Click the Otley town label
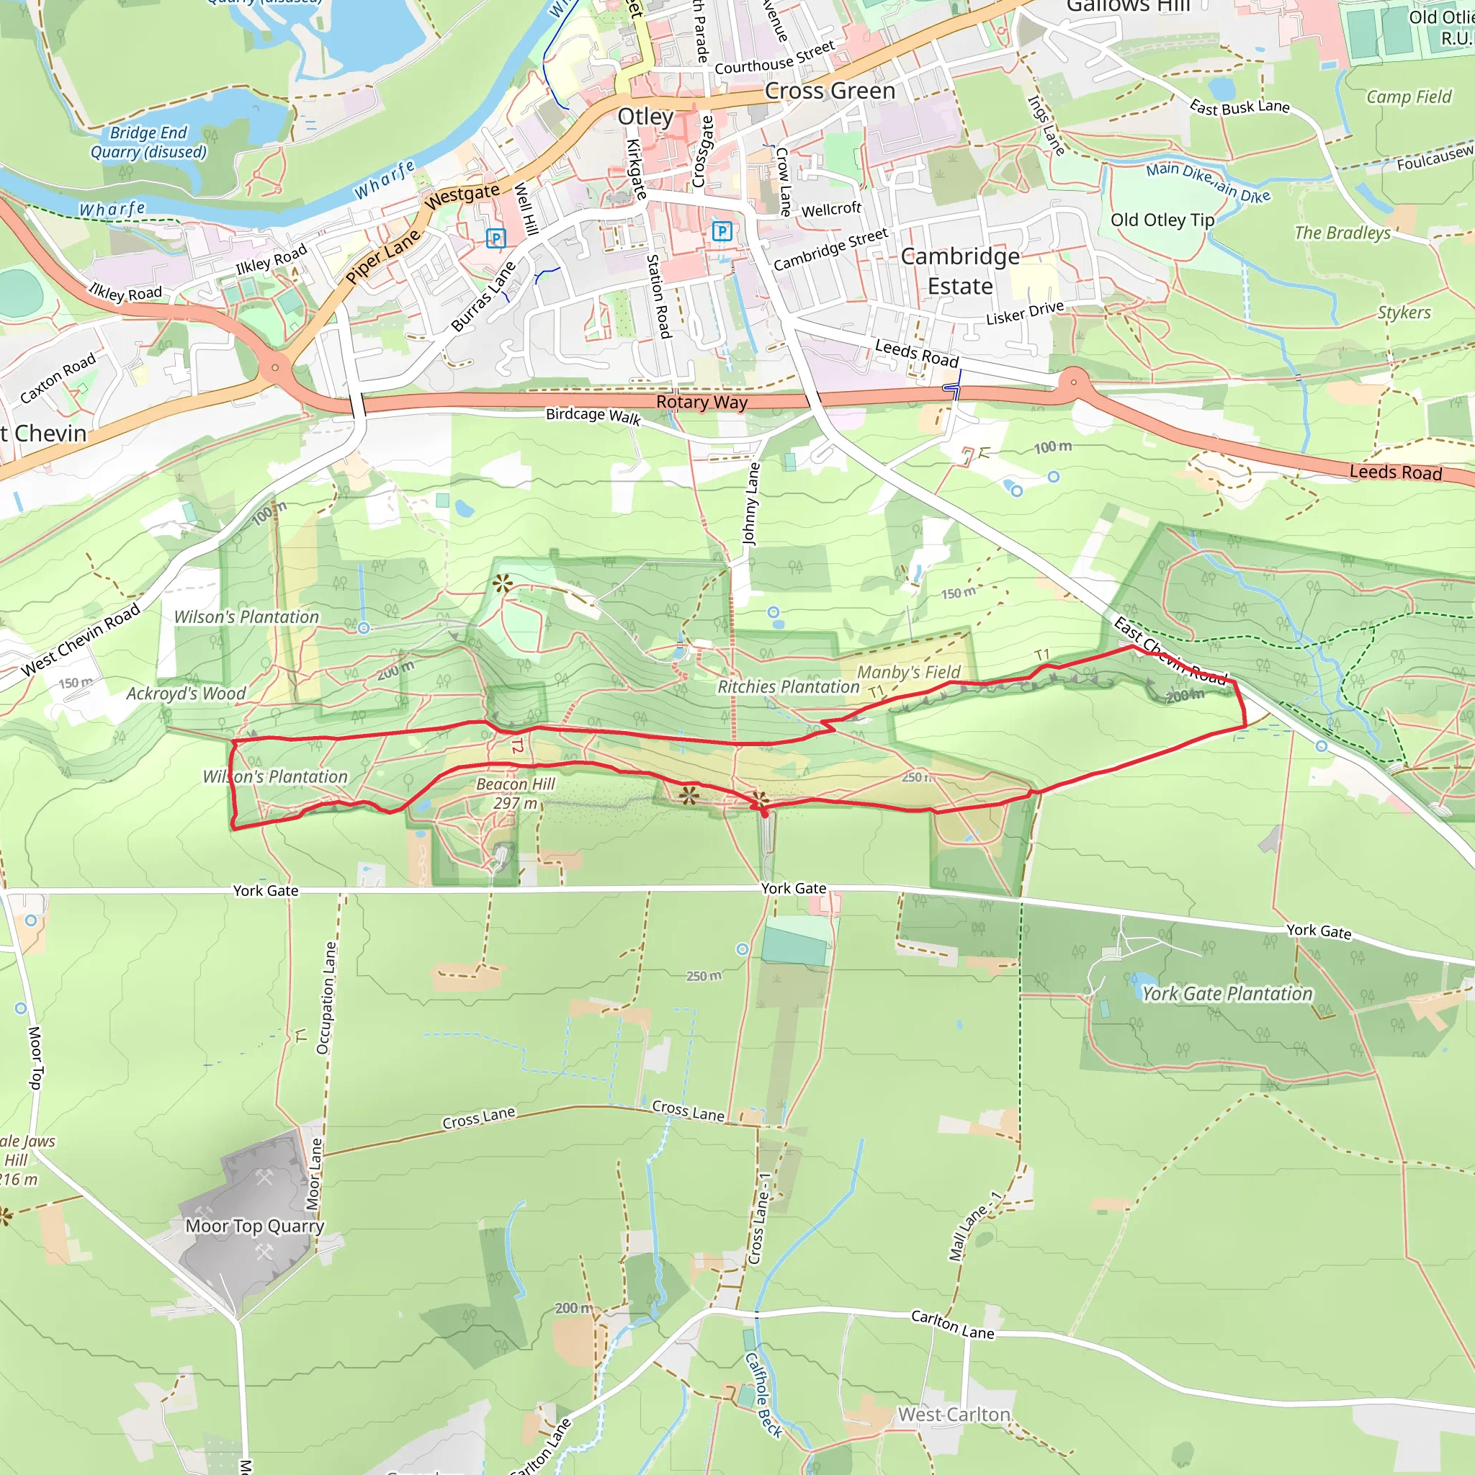(x=645, y=117)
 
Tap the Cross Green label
(x=830, y=91)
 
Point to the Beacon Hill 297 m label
(x=516, y=793)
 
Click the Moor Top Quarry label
(x=254, y=1225)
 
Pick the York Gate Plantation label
(x=1227, y=993)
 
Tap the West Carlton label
(x=954, y=1414)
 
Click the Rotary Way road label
(x=701, y=403)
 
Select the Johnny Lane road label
(x=751, y=503)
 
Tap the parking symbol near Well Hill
(x=496, y=238)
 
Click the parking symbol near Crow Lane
(x=722, y=230)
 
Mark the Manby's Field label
(x=908, y=672)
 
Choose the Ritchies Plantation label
(x=788, y=686)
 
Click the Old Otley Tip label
(x=1162, y=220)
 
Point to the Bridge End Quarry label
(x=148, y=142)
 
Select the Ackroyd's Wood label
(x=186, y=694)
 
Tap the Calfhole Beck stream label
(x=763, y=1395)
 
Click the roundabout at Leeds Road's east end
(x=1074, y=382)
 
